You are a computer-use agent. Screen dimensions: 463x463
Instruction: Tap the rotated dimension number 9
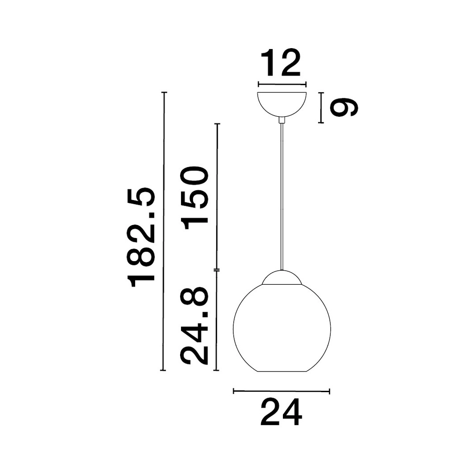(x=344, y=107)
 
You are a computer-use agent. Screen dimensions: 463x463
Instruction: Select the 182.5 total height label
(x=141, y=237)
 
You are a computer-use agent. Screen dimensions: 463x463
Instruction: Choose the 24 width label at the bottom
(x=281, y=412)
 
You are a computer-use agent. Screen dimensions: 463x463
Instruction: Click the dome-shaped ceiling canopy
(x=282, y=103)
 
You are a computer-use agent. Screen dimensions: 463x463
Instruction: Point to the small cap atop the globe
(x=282, y=277)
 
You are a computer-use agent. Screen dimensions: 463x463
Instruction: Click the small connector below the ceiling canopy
(x=282, y=120)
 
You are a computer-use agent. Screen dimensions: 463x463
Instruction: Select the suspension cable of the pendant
(x=282, y=194)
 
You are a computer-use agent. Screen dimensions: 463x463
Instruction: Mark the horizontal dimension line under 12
(x=282, y=84)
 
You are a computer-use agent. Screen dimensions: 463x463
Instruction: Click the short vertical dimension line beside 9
(x=320, y=107)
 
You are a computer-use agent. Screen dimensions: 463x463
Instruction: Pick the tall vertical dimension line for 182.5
(x=163, y=231)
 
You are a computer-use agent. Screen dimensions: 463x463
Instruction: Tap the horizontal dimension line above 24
(x=281, y=391)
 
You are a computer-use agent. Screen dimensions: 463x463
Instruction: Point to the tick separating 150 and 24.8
(x=217, y=269)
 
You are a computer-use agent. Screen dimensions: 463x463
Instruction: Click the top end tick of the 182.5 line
(x=163, y=93)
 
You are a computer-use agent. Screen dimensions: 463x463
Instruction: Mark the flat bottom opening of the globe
(x=282, y=371)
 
